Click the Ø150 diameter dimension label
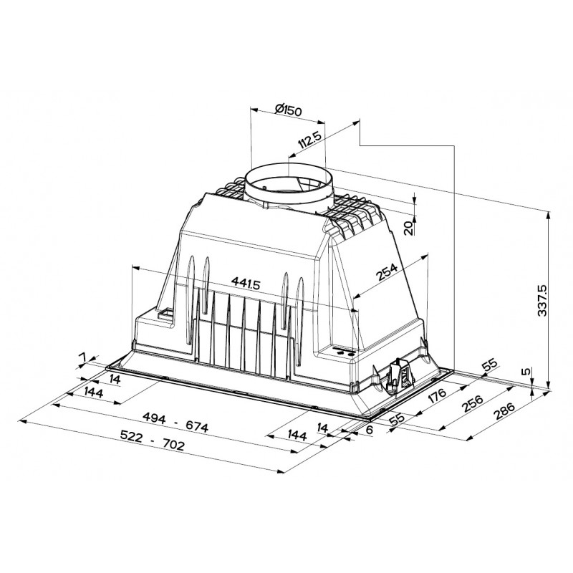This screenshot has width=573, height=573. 289,110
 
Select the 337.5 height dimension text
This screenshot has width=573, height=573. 543,300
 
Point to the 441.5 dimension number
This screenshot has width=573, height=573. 246,283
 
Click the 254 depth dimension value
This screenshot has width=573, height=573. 387,272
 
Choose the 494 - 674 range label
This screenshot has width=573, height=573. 175,422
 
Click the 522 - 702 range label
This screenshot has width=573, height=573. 153,440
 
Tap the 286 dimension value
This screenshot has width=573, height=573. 504,410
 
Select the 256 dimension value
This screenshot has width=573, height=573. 472,403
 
